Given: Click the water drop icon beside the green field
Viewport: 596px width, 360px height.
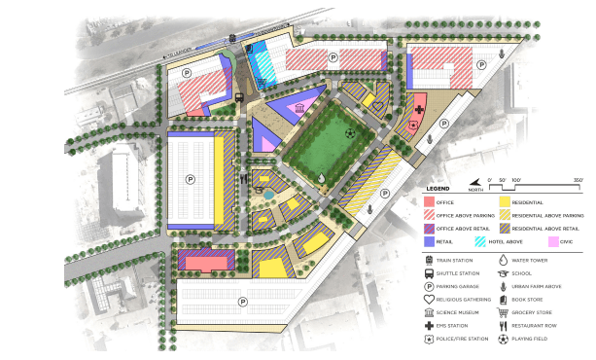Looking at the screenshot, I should click(322, 177).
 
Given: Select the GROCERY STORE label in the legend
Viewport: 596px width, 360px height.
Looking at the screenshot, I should click(540, 313).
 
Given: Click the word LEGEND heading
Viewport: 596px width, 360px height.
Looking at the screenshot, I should click(434, 187).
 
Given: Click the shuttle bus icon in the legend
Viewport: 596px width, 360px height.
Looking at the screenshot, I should click(429, 273).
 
